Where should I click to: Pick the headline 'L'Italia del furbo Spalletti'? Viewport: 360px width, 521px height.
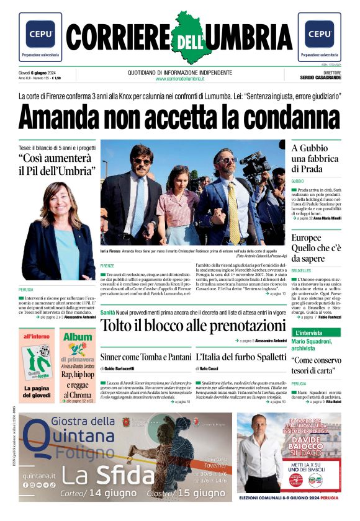coord(241,357)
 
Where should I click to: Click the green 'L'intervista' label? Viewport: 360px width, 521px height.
coord(308,333)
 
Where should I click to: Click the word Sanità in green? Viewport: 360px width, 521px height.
coord(108,312)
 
